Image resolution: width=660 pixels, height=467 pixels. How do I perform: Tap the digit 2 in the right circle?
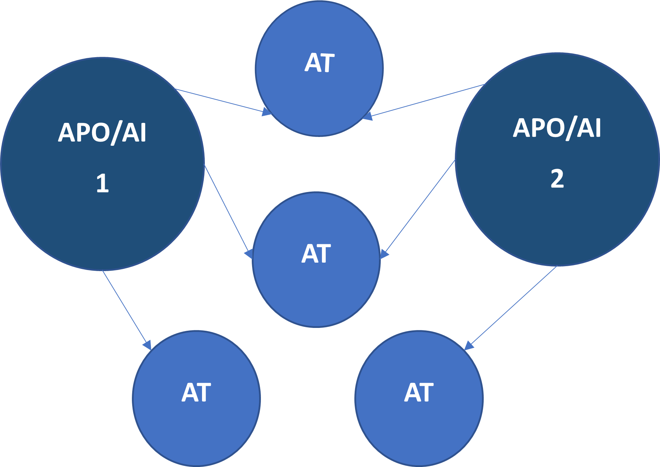[x=557, y=179]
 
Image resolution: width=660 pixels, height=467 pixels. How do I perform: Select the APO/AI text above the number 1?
[x=102, y=133]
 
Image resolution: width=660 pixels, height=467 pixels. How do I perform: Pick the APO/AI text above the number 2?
[x=557, y=128]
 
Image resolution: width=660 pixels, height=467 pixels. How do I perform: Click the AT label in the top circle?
[x=319, y=63]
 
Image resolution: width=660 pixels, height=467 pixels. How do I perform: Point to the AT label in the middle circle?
[x=316, y=254]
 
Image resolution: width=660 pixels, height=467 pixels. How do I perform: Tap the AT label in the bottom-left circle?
[x=196, y=393]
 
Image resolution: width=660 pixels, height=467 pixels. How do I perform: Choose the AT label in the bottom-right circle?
[x=419, y=393]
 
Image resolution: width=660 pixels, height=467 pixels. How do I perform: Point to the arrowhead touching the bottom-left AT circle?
[x=147, y=345]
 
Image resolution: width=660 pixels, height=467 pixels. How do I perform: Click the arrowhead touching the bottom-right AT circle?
[x=469, y=345]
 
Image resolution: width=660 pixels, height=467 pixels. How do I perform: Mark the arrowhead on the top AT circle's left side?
[x=267, y=112]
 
